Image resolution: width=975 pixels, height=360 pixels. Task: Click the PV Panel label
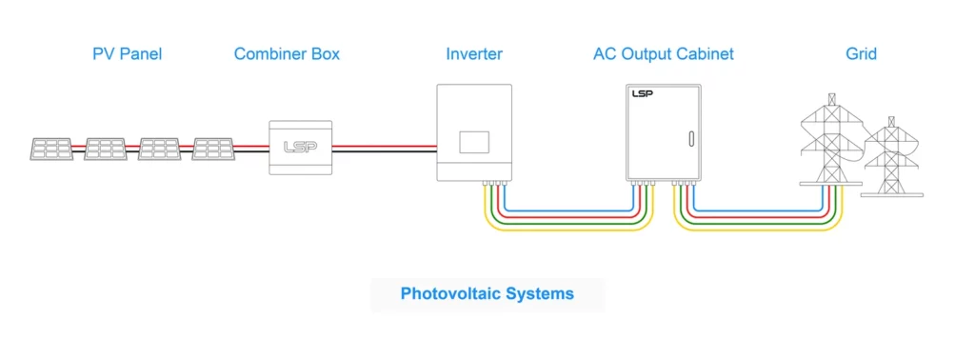pyautogui.click(x=127, y=54)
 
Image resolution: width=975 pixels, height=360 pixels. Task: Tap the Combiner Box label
pyautogui.click(x=287, y=54)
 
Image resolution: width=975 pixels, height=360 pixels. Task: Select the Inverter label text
pyautogui.click(x=474, y=54)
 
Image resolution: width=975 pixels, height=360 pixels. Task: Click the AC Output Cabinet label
pyautogui.click(x=663, y=54)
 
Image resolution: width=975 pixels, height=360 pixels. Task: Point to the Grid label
pyautogui.click(x=861, y=54)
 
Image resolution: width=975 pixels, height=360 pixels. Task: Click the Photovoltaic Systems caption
pyautogui.click(x=487, y=293)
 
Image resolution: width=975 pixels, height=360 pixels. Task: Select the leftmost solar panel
pyautogui.click(x=50, y=149)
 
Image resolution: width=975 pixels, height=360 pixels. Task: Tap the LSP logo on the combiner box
pyautogui.click(x=301, y=148)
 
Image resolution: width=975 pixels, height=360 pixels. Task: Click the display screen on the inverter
pyautogui.click(x=474, y=141)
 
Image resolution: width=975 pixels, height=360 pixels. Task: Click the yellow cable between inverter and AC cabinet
pyautogui.click(x=569, y=230)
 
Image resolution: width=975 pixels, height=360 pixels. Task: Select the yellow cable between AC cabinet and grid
pyautogui.click(x=758, y=230)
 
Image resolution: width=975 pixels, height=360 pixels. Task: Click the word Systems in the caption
pyautogui.click(x=539, y=293)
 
